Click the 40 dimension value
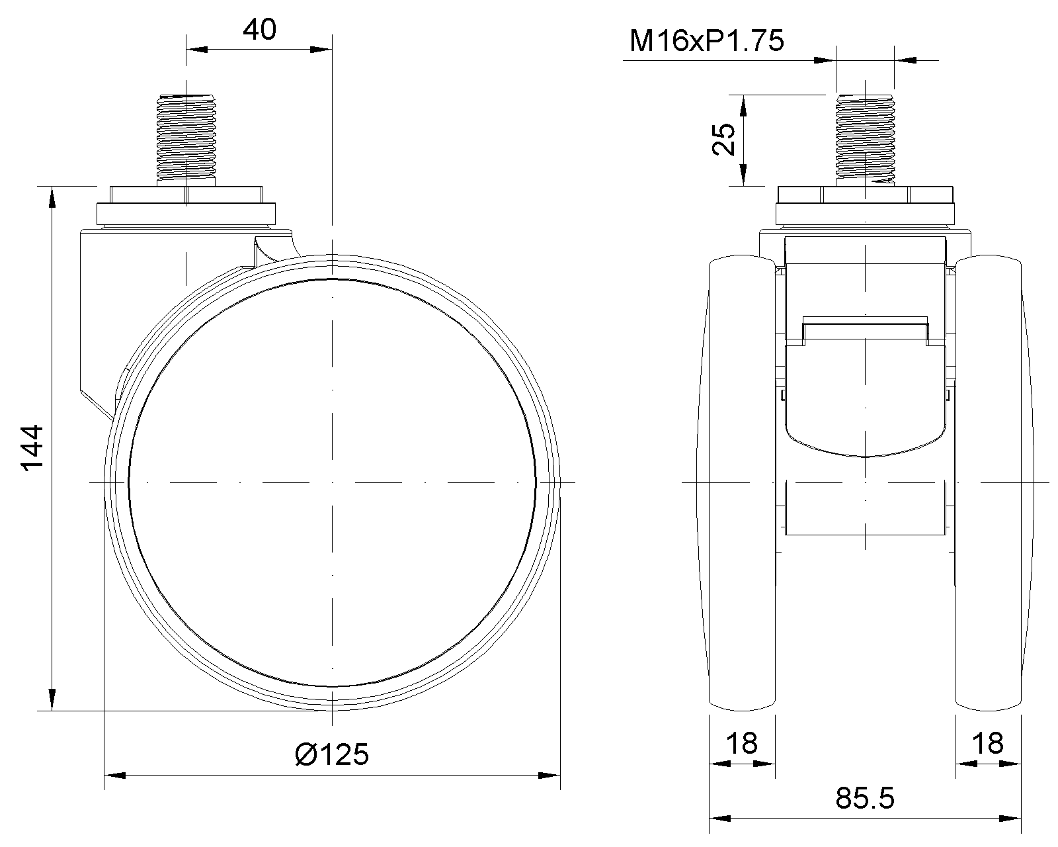260,30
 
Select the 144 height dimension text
32,448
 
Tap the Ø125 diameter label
332,754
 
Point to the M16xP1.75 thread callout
706,40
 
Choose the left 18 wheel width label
742,743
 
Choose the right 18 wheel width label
988,743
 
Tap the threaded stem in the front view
865,140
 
